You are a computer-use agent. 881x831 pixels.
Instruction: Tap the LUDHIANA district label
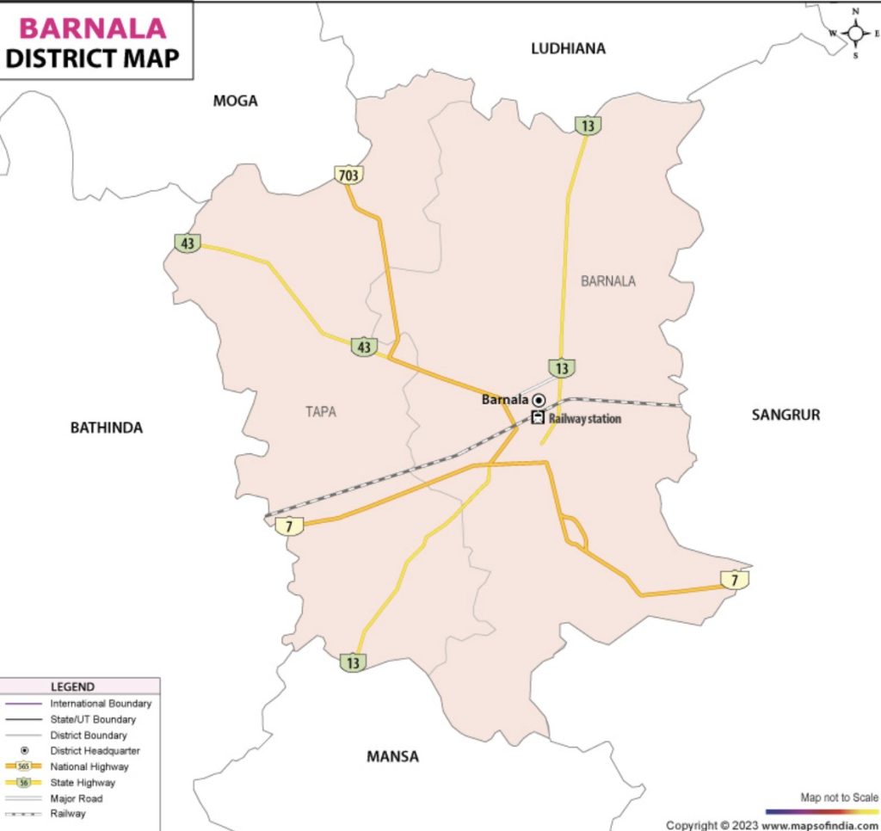coord(568,49)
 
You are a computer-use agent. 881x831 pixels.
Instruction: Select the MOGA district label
coord(235,102)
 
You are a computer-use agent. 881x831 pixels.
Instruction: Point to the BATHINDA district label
coord(106,428)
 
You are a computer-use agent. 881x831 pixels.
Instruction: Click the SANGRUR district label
coord(786,415)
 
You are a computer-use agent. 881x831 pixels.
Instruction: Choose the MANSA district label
coord(392,757)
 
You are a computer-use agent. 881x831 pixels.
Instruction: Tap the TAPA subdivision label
coord(321,412)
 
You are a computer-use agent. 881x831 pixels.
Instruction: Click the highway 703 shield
coord(348,175)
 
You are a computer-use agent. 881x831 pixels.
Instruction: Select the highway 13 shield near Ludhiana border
coord(588,126)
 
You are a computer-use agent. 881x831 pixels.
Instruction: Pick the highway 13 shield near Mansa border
coord(352,662)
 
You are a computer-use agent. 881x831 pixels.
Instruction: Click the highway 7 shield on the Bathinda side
coord(289,526)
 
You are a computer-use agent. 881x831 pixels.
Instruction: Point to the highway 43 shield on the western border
coord(188,243)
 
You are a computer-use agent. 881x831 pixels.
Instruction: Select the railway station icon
coord(538,419)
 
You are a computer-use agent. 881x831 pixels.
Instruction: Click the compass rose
coord(855,34)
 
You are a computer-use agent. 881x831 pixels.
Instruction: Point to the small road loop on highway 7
coord(575,532)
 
